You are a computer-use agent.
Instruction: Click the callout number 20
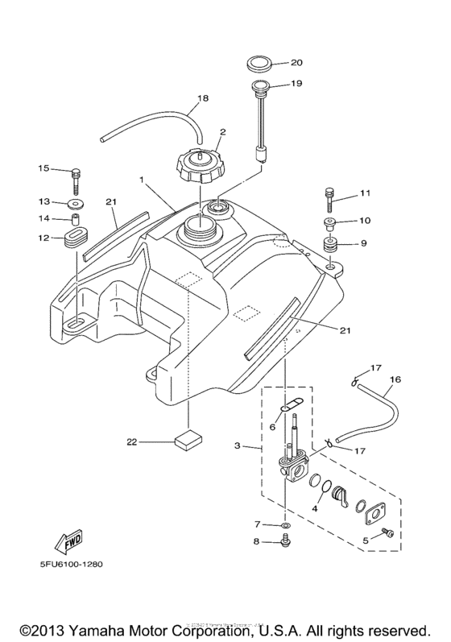(274, 61)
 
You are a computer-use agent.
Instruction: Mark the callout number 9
(363, 242)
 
